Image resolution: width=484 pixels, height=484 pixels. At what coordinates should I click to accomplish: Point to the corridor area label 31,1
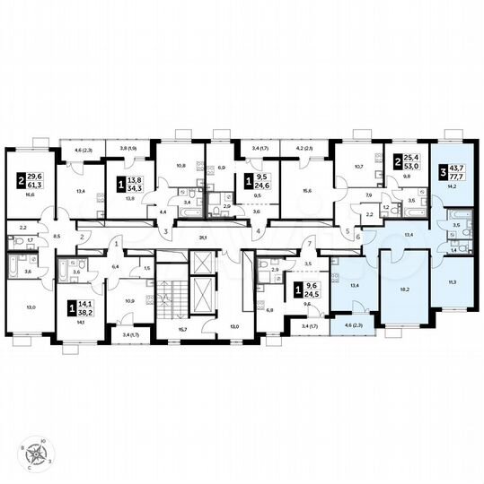point(204,237)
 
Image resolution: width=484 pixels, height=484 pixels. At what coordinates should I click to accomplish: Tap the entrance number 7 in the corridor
point(306,245)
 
